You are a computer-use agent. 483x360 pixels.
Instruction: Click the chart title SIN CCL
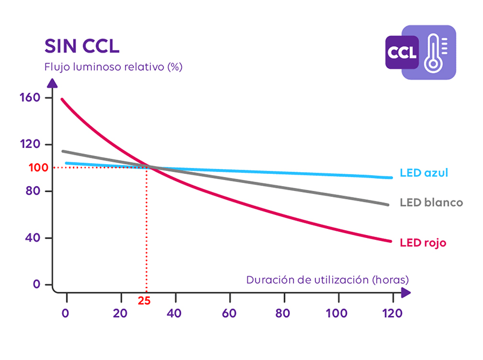pos(82,47)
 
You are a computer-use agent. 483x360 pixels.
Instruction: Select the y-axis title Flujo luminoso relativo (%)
pos(113,66)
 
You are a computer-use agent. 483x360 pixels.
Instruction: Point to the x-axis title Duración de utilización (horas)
pos(327,280)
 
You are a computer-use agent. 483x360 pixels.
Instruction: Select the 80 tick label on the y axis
pos(34,191)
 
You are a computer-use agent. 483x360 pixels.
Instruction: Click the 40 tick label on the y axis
pos(34,237)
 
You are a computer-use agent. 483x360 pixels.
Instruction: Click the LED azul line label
pos(423,173)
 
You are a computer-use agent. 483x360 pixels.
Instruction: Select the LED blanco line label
pos(431,202)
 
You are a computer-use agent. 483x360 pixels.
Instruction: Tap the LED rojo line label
pos(423,243)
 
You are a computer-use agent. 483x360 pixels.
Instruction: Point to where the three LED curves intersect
pos(149,167)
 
